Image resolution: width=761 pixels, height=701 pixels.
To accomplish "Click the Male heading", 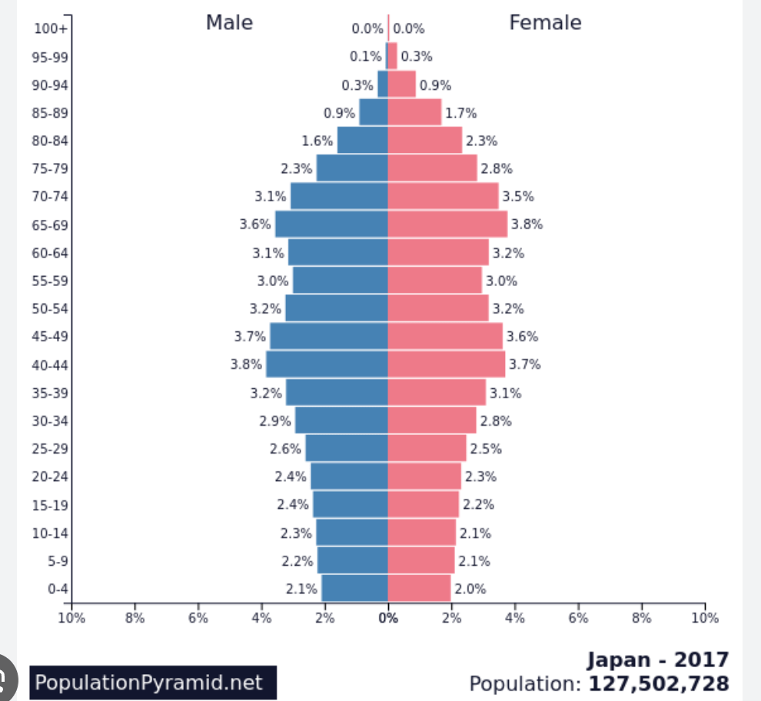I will (229, 23).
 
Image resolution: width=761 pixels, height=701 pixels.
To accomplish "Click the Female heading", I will (545, 23).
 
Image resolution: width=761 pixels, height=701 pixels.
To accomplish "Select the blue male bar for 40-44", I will (327, 364).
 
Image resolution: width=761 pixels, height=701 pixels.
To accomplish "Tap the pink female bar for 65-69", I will (447, 224).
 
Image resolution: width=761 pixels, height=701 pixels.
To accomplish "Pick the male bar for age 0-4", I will (354, 589).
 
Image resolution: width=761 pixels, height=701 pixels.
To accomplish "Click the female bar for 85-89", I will (414, 112).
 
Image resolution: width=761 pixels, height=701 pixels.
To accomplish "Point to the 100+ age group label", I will (52, 29).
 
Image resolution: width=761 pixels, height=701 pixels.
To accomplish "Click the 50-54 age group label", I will (50, 309).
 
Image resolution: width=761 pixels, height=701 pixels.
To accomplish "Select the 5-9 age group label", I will (57, 561).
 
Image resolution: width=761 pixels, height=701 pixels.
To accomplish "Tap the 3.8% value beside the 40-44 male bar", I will (246, 364).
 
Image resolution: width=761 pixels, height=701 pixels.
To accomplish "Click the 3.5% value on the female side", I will (518, 196).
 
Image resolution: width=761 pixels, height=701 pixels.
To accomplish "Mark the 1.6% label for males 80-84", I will (317, 141).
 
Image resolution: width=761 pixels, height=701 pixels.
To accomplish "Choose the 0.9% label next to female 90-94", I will (435, 85).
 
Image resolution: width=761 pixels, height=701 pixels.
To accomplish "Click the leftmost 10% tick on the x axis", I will (71, 617).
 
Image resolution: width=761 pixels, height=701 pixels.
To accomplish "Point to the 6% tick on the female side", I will (578, 617).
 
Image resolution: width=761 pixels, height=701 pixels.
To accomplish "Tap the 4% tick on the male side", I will (261, 617).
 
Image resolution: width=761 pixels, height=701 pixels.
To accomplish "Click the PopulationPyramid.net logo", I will (153, 683).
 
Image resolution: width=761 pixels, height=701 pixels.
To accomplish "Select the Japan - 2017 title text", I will (658, 659).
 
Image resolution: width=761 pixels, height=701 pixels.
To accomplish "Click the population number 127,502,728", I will (659, 683).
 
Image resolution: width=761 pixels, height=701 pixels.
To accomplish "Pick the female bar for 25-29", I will (427, 449).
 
